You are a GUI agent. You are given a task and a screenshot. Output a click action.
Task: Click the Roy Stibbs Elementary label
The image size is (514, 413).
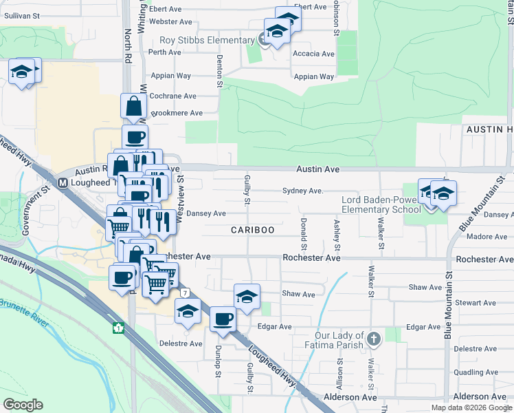click(x=207, y=41)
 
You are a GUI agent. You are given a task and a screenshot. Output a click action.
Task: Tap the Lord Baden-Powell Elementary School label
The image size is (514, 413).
click(x=381, y=204)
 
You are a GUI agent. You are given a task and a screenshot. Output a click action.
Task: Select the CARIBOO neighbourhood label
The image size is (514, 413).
click(x=253, y=229)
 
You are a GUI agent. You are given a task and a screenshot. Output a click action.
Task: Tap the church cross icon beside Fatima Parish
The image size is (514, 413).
click(x=373, y=339)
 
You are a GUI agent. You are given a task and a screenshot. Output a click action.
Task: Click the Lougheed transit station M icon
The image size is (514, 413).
click(x=63, y=183)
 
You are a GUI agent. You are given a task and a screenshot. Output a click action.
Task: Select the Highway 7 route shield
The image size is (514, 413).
click(x=184, y=293)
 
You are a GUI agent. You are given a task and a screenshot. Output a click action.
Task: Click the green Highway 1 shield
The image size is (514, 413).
click(x=118, y=328)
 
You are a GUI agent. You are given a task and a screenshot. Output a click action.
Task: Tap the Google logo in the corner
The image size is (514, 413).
click(x=23, y=405)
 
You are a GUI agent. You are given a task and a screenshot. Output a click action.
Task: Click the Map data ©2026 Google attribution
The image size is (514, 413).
click(x=471, y=407)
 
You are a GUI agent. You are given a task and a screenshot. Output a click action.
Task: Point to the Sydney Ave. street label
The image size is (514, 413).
click(x=302, y=191)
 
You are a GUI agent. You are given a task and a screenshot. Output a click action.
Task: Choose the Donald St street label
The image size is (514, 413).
click(x=303, y=234)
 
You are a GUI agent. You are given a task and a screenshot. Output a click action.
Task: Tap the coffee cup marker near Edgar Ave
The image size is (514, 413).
click(x=222, y=319)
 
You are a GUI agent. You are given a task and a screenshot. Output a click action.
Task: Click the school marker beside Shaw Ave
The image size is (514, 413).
click(x=247, y=297)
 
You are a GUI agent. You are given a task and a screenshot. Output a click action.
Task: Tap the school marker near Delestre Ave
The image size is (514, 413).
click(x=188, y=311)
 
